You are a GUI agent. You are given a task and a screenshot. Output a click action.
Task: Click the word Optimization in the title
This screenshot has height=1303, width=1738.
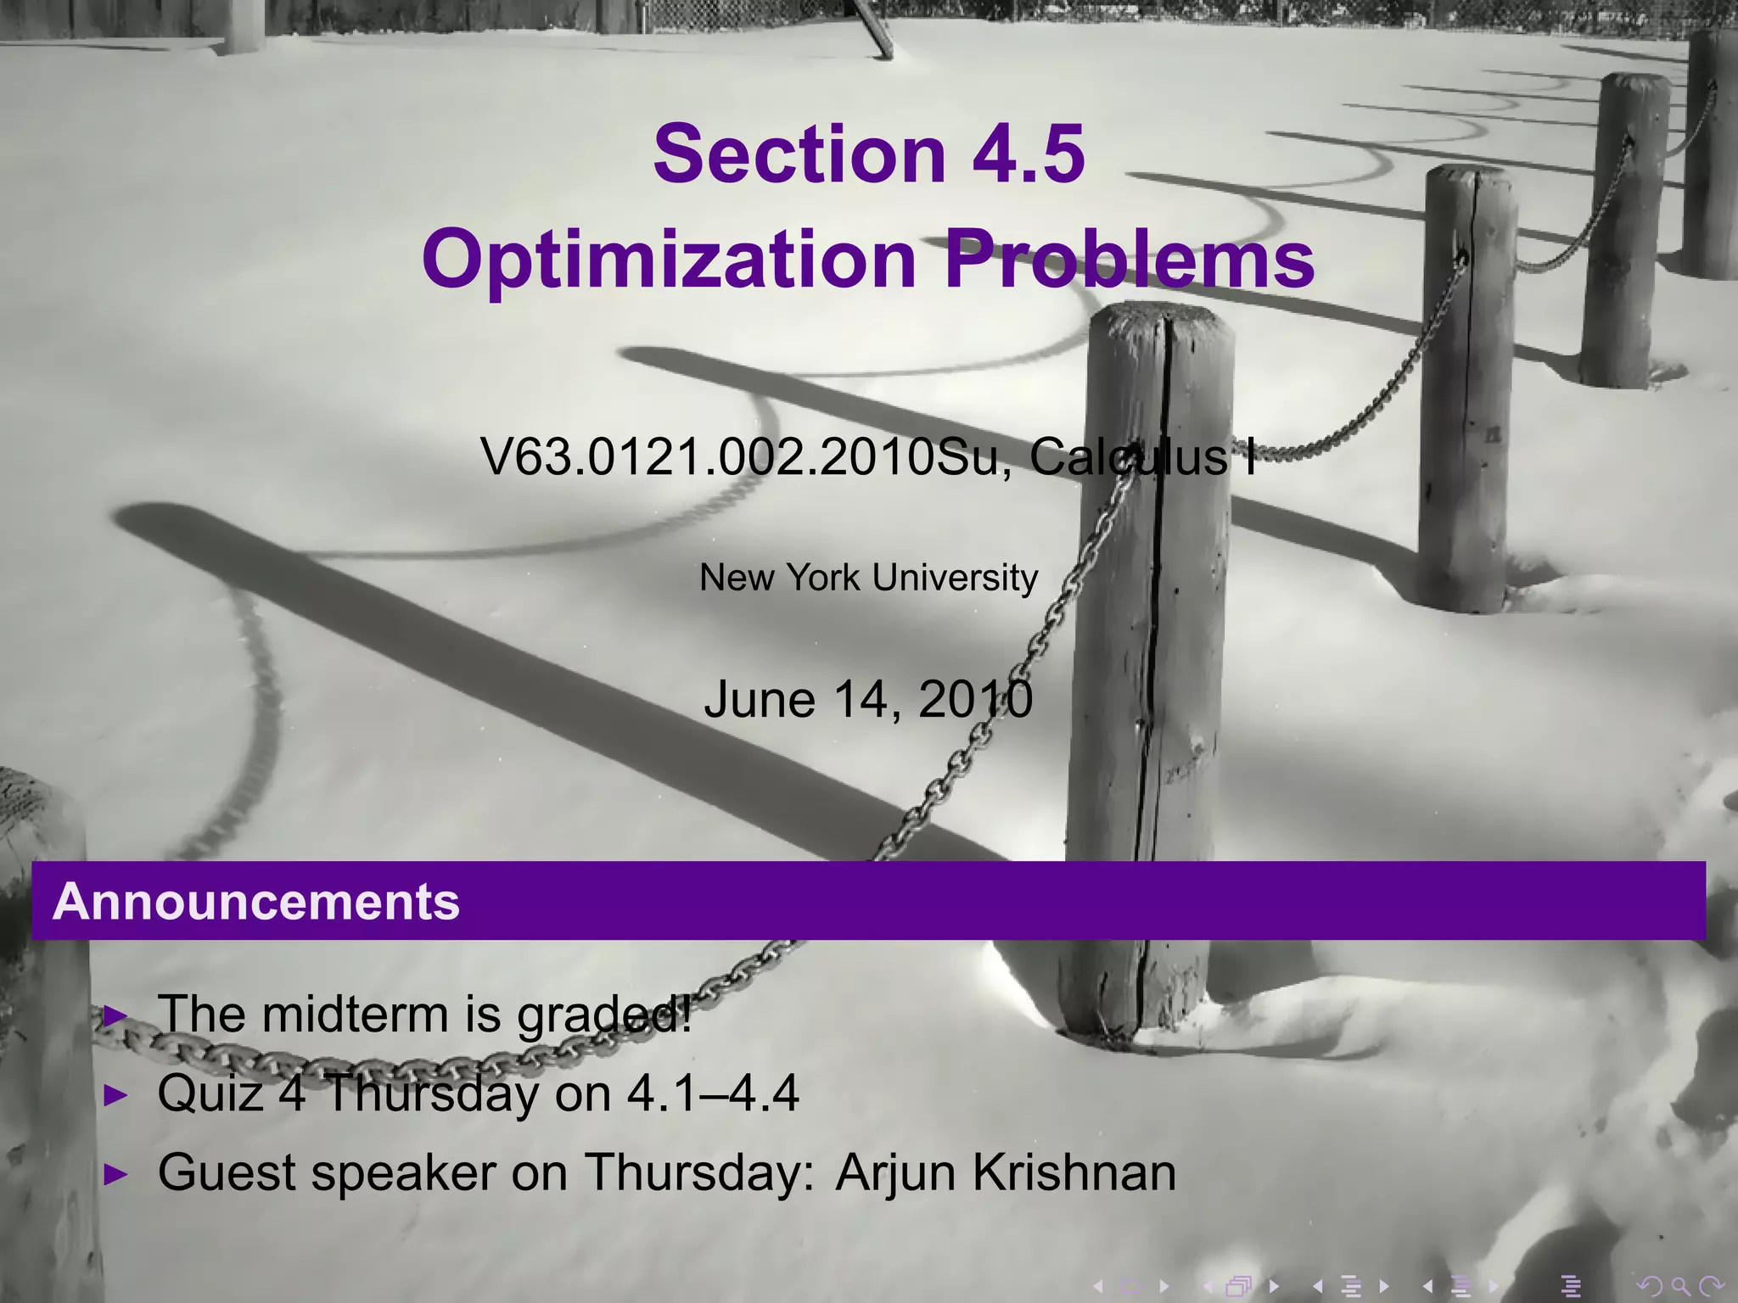pos(669,260)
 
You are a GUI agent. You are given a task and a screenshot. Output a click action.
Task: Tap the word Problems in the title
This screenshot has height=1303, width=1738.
pos(1129,260)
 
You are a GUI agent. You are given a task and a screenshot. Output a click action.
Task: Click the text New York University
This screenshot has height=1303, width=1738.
pos(868,578)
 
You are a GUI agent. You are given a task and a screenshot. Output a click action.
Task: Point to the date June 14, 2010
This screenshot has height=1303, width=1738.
pos(868,701)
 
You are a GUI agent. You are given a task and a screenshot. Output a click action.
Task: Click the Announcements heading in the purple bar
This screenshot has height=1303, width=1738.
pos(256,901)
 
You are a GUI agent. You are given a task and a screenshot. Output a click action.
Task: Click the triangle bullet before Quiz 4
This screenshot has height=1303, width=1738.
pos(115,1095)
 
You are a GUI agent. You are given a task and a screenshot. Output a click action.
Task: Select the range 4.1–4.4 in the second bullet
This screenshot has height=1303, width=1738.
pos(713,1093)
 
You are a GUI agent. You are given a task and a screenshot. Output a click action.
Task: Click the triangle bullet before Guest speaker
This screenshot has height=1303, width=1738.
pos(115,1175)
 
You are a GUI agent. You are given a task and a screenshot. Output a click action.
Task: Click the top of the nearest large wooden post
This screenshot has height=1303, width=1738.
pos(1160,317)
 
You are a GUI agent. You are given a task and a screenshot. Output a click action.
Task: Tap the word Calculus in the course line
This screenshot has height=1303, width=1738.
pos(1129,457)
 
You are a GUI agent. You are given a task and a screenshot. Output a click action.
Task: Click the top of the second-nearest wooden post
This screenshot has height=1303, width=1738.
pos(1471,176)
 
